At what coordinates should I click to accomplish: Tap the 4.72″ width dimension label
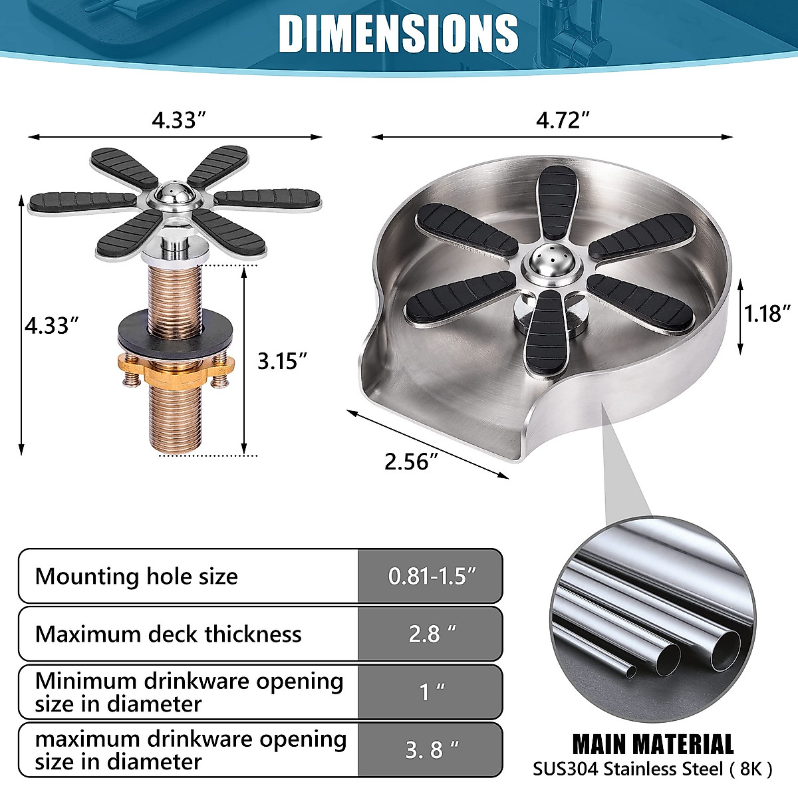[564, 120]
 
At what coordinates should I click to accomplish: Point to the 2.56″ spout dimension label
[412, 461]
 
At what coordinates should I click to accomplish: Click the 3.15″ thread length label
[283, 360]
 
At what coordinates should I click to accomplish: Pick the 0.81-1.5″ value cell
[432, 576]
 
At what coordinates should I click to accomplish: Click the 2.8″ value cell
[432, 634]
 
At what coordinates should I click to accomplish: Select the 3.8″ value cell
[432, 749]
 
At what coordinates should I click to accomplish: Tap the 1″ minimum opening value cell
[432, 692]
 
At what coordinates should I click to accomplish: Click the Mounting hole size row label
[136, 576]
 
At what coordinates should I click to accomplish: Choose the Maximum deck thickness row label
[168, 634]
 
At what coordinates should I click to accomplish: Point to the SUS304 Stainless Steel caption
[652, 769]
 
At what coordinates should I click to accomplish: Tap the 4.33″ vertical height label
[52, 326]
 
